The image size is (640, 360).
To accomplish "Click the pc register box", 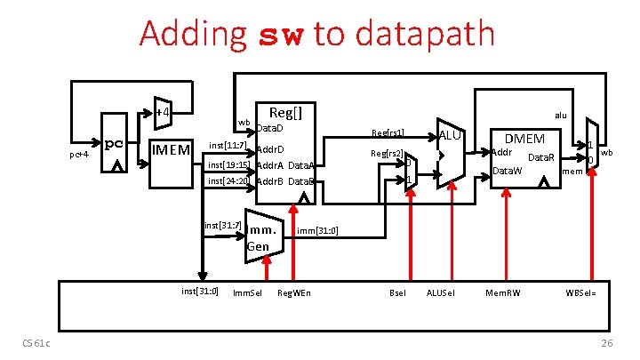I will [115, 142].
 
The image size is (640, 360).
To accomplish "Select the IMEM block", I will [171, 148].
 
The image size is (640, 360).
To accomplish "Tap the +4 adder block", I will [162, 112].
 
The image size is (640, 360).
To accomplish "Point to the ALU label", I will [452, 134].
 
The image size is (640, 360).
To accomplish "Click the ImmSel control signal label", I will [246, 292].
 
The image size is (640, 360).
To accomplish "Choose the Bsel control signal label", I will [397, 292].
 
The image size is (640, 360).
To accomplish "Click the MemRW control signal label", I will [503, 292].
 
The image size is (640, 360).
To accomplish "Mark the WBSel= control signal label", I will [581, 292].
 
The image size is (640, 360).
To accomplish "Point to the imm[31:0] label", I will [317, 231].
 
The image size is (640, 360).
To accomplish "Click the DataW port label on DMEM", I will [507, 170].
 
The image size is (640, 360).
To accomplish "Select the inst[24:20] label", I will [228, 180].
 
